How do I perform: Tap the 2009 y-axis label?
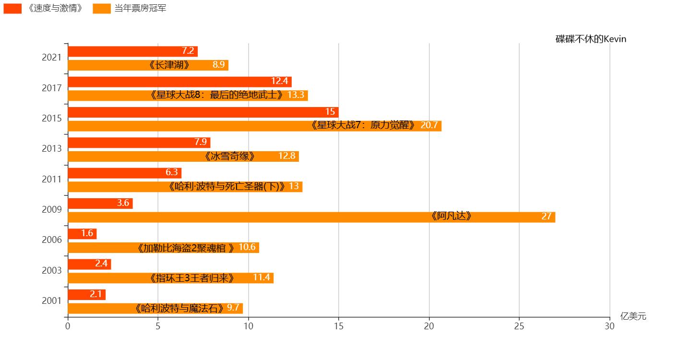tap(52, 210)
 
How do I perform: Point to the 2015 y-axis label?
tap(52, 119)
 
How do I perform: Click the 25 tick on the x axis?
tap(519, 326)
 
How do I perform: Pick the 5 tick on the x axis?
tap(158, 326)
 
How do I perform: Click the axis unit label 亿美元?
tap(633, 316)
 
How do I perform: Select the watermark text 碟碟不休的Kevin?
tap(591, 39)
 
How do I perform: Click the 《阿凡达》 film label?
tap(451, 216)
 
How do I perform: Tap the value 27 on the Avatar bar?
tap(546, 216)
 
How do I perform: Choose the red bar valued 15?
tap(203, 112)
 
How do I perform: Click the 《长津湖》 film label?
tap(169, 65)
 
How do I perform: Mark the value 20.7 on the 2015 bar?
tap(429, 125)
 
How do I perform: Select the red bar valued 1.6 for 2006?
tap(82, 234)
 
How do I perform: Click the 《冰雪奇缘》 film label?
tap(229, 156)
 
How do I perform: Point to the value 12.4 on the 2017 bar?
tap(279, 82)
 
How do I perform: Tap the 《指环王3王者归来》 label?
tap(191, 278)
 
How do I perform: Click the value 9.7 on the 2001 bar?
tap(233, 308)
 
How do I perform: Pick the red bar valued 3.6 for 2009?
tap(100, 203)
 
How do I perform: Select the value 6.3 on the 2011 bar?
tap(172, 173)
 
